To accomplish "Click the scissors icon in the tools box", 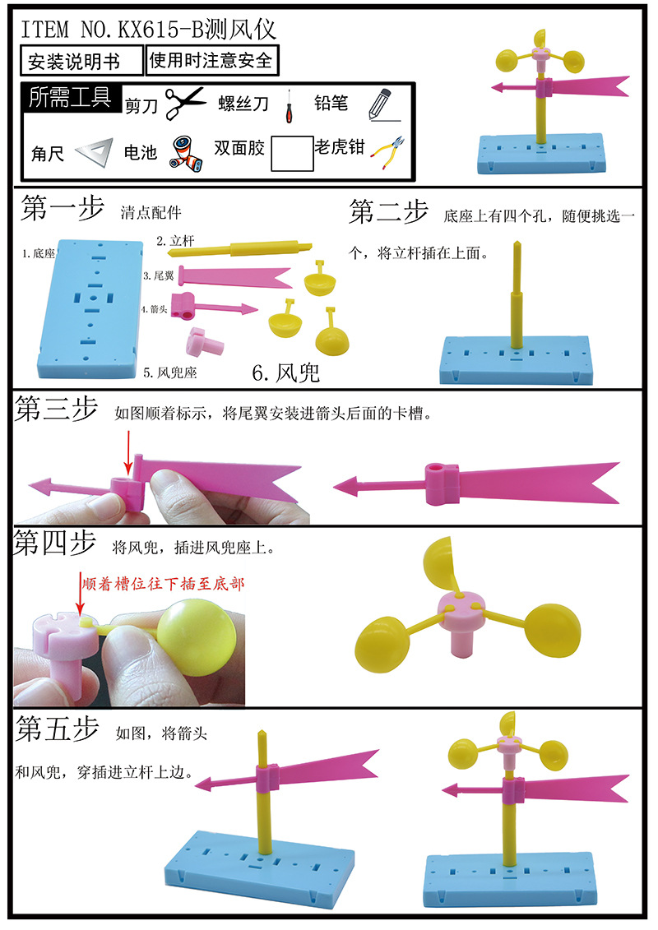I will tap(185, 104).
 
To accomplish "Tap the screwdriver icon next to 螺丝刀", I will tap(289, 105).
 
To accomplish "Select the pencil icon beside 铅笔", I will tap(378, 105).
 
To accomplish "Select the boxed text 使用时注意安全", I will tap(211, 60).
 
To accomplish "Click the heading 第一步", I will tap(62, 210).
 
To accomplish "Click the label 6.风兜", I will tap(286, 373).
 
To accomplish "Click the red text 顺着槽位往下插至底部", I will tap(164, 585).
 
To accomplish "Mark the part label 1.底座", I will tap(38, 255).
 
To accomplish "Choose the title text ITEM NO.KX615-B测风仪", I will tap(149, 30).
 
